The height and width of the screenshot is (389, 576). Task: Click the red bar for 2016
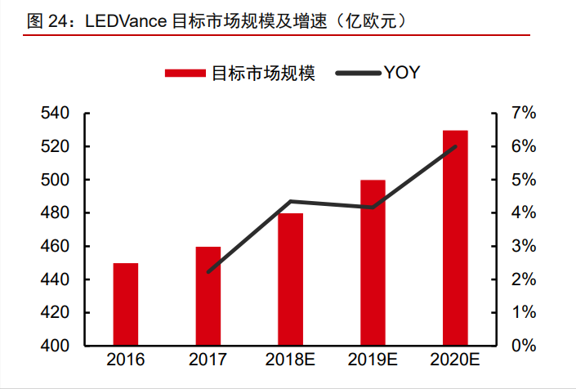tap(126, 304)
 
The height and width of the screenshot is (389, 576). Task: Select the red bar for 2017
tap(208, 296)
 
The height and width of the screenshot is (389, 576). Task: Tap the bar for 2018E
tap(291, 279)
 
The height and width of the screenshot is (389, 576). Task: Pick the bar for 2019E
tap(373, 262)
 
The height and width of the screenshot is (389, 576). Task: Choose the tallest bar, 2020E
tap(455, 238)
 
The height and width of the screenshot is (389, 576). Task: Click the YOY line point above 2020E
tap(455, 147)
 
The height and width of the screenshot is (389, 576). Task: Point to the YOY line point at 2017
tap(208, 271)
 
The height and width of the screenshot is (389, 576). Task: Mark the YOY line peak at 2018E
tap(291, 201)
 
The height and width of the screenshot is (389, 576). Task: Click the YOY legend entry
tap(401, 73)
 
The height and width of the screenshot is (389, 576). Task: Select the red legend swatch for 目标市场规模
tap(186, 73)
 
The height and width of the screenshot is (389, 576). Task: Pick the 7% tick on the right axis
tap(523, 114)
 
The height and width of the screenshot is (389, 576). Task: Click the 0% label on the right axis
tap(523, 346)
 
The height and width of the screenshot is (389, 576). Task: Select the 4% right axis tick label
tap(523, 213)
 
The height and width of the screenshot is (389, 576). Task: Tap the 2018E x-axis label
tap(291, 360)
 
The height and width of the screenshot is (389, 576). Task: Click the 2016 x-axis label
tap(126, 360)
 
